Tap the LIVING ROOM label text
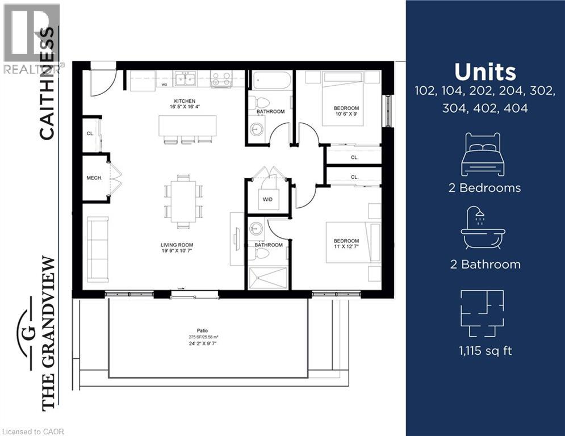[x=177, y=245]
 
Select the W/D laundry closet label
[x=267, y=200]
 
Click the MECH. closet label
[x=94, y=178]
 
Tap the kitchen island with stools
[x=187, y=126]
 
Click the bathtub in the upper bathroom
[x=272, y=81]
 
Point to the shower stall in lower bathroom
[x=268, y=278]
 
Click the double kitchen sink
[x=186, y=79]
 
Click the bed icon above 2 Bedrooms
[x=483, y=154]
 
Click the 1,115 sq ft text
[x=485, y=351]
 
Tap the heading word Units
[x=485, y=72]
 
